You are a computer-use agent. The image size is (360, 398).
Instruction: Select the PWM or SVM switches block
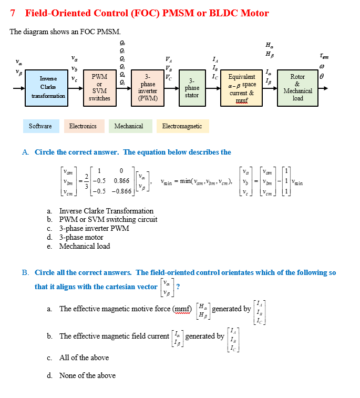pyautogui.click(x=99, y=88)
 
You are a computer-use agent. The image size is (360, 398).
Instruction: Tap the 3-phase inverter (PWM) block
pyautogui.click(x=147, y=88)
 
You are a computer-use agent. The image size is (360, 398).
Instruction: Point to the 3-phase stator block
pyautogui.click(x=192, y=88)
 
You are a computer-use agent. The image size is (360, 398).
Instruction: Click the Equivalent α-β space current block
pyautogui.click(x=242, y=88)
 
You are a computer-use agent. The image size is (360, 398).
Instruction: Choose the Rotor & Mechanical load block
pyautogui.click(x=297, y=88)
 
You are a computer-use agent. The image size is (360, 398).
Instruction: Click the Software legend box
pyautogui.click(x=40, y=126)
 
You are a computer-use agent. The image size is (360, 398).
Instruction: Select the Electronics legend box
pyautogui.click(x=83, y=126)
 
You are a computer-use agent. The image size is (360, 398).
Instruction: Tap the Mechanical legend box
pyautogui.click(x=129, y=126)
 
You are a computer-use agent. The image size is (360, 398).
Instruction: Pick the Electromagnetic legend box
pyautogui.click(x=182, y=126)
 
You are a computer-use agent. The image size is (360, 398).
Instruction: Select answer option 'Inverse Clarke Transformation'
pyautogui.click(x=106, y=211)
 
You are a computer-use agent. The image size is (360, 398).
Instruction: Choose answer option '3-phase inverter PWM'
pyautogui.click(x=94, y=228)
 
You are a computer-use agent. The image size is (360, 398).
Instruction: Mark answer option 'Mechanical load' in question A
pyautogui.click(x=85, y=246)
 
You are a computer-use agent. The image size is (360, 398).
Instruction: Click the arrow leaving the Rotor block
pyautogui.click(x=323, y=88)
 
